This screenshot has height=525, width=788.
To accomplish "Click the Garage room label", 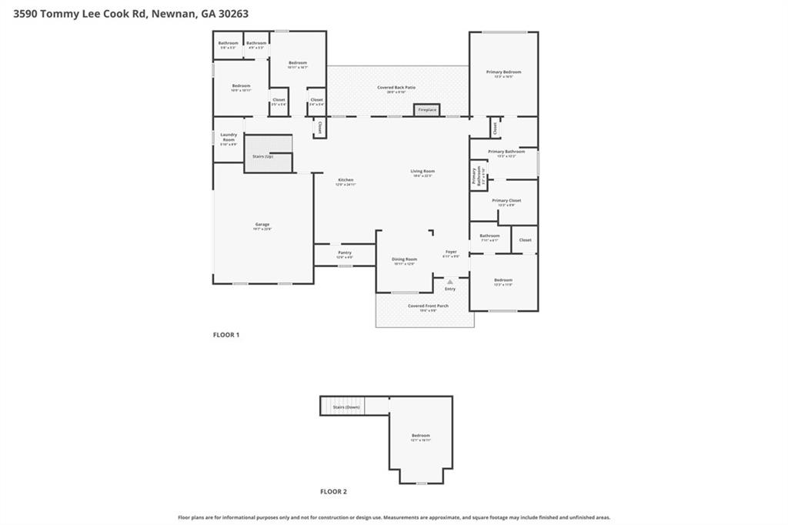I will (x=262, y=225).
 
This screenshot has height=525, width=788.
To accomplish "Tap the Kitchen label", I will (x=346, y=180).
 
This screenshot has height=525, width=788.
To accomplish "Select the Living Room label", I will (x=422, y=171).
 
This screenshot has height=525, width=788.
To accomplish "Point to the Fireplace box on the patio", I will (x=427, y=110).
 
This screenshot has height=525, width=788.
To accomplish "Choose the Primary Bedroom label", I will (x=503, y=72).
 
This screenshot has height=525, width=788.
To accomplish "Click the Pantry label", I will (x=345, y=252).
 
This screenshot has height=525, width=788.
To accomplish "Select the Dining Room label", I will (x=405, y=259).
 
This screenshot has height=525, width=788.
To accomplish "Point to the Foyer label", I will (x=451, y=252).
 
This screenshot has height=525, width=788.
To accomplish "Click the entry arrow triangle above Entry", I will (x=450, y=282).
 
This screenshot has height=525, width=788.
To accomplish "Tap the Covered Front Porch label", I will (x=428, y=306).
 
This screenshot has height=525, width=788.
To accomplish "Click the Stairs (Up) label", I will (x=263, y=156).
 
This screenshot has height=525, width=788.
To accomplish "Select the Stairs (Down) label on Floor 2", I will (x=346, y=406).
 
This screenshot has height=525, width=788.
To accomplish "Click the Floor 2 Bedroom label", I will (x=420, y=436).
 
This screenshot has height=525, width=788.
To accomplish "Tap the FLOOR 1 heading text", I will (x=226, y=335).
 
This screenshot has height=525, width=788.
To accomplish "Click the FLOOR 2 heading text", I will (x=333, y=491).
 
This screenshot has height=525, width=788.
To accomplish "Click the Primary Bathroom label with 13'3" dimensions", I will (x=506, y=152).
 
